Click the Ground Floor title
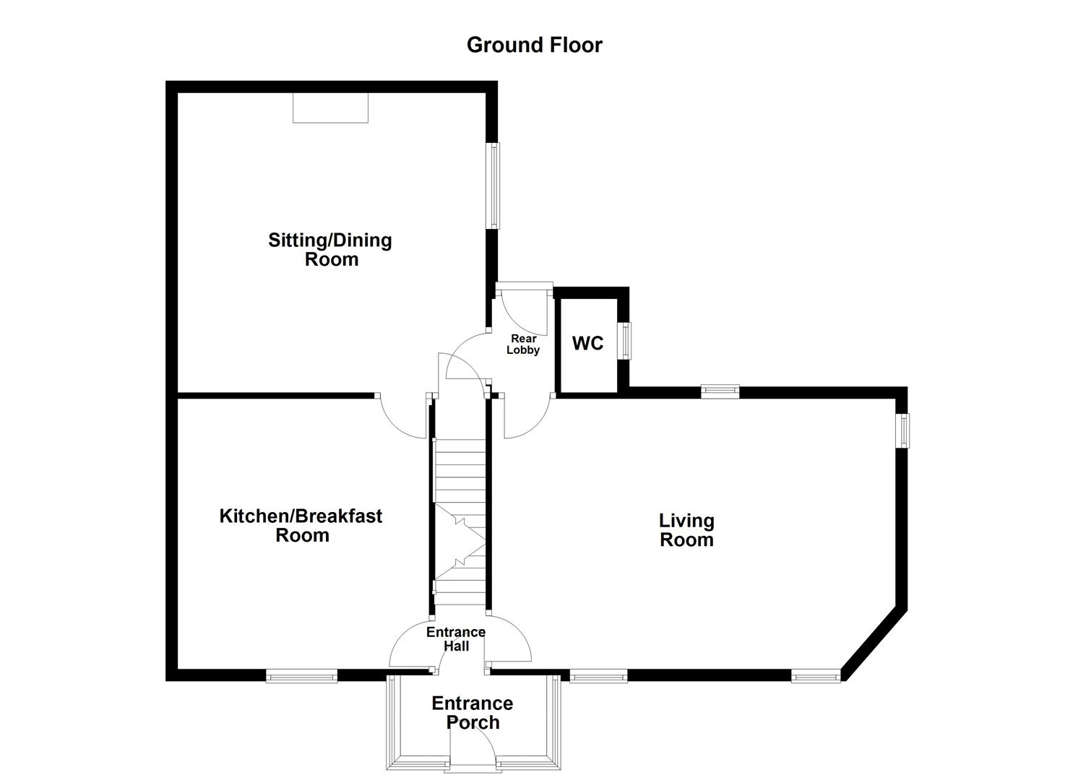pyautogui.click(x=534, y=45)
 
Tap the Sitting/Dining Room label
pyautogui.click(x=330, y=249)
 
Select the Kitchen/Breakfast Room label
pyautogui.click(x=301, y=525)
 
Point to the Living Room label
pyautogui.click(x=686, y=529)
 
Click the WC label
pyautogui.click(x=587, y=343)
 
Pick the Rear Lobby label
pyautogui.click(x=523, y=344)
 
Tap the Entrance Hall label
pyautogui.click(x=456, y=639)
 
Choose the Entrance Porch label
pyautogui.click(x=473, y=712)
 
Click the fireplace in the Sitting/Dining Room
pyautogui.click(x=330, y=108)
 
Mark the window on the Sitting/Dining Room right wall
pyautogui.click(x=494, y=186)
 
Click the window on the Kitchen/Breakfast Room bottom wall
pyautogui.click(x=301, y=676)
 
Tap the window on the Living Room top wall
pyautogui.click(x=720, y=391)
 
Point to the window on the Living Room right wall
pyautogui.click(x=902, y=430)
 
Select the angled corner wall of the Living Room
pyautogui.click(x=874, y=643)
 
